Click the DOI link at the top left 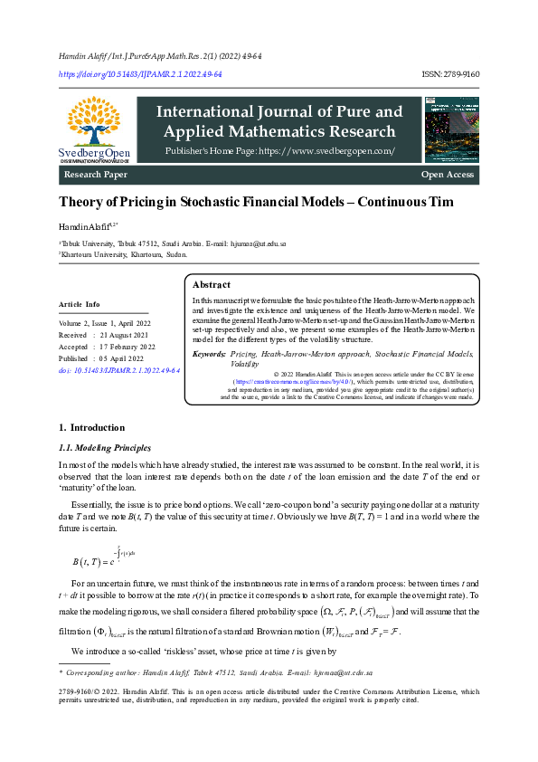pos(140,73)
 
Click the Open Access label pos(447,174)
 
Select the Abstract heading pos(212,284)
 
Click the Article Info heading pos(80,304)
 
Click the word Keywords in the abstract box pos(209,355)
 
